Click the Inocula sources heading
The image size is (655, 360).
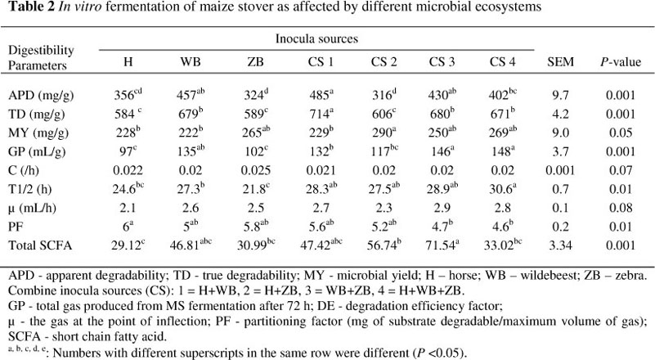[316, 38]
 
